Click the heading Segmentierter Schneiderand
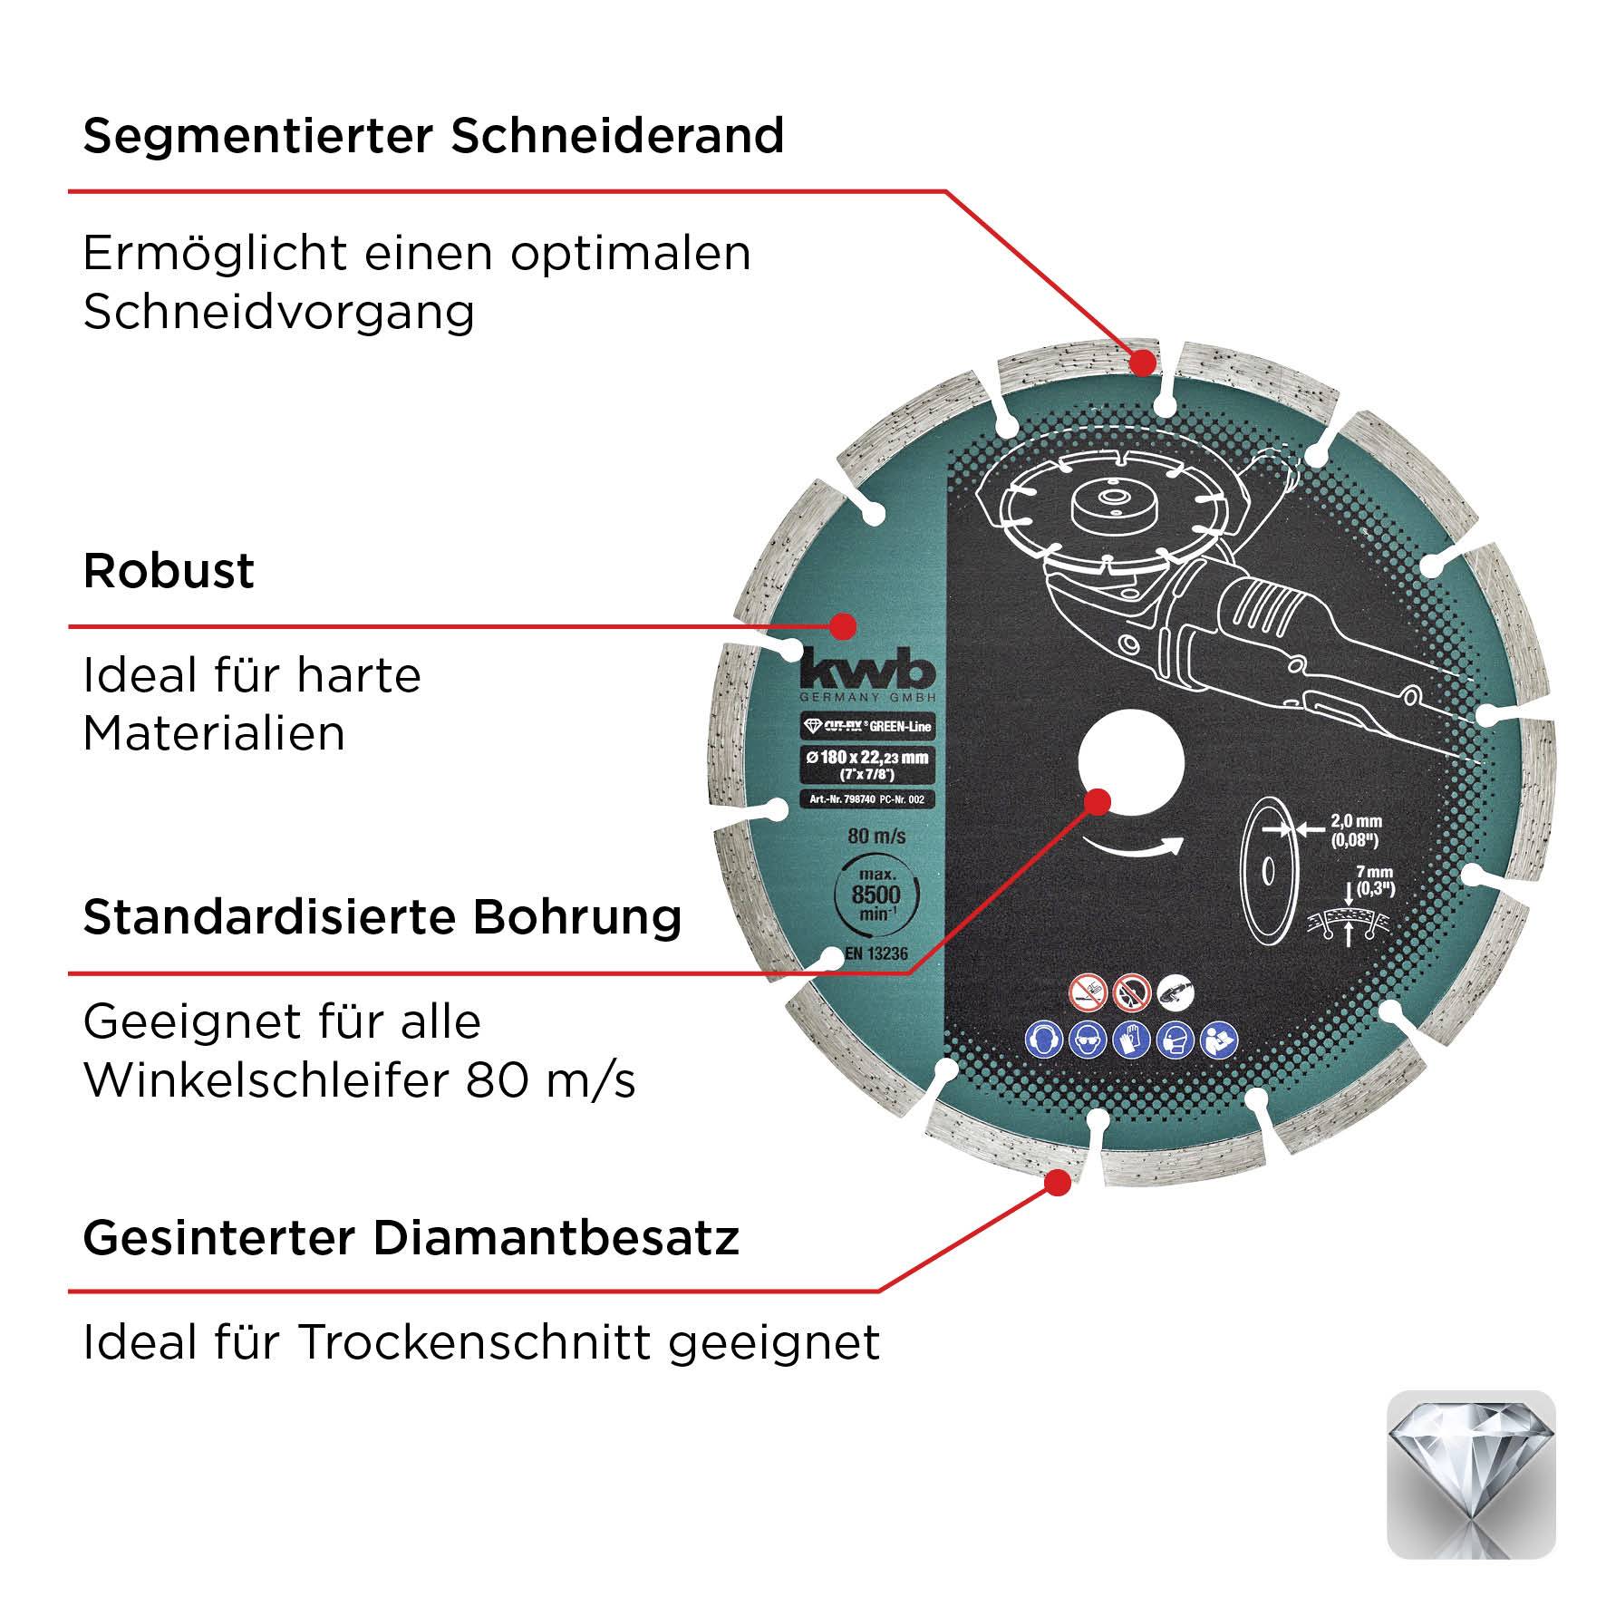[433, 136]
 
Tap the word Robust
[169, 571]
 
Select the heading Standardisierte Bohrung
[382, 917]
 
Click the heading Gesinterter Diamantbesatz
[411, 1238]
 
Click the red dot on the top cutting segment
[1144, 363]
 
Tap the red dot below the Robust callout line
[845, 625]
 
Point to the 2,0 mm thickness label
[1354, 828]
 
